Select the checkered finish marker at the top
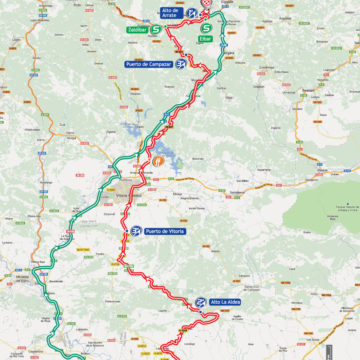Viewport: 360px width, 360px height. coord(207,4)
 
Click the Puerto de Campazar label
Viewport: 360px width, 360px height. coord(148,64)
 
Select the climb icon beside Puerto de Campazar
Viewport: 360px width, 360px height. coord(180,64)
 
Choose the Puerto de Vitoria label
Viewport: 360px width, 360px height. coord(166,231)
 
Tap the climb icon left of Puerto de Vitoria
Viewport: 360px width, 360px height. coord(135,231)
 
